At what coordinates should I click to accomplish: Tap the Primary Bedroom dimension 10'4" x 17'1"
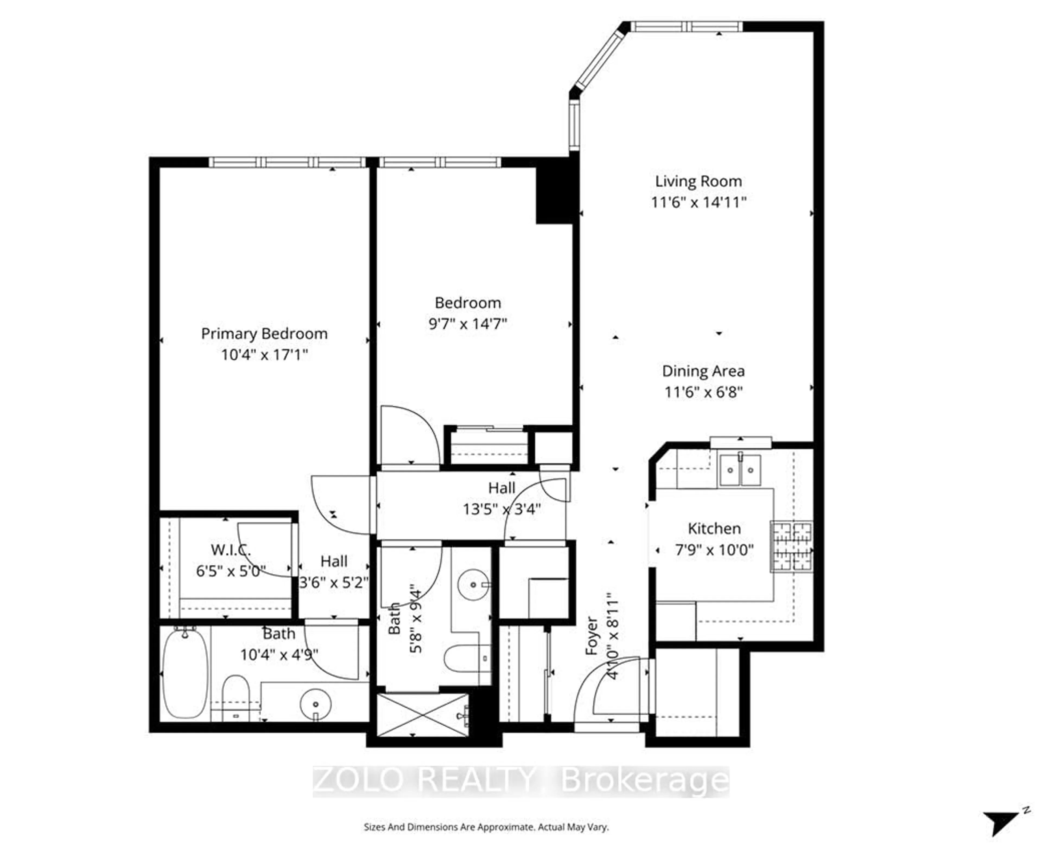pyautogui.click(x=264, y=354)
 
